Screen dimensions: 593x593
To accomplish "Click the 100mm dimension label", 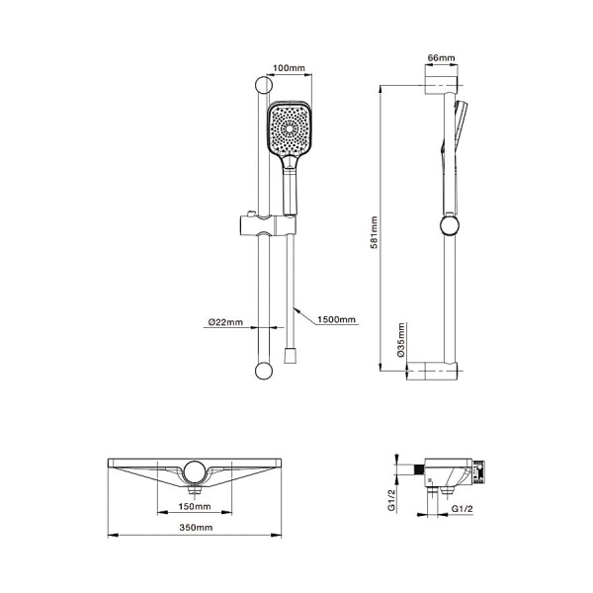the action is click(289, 68).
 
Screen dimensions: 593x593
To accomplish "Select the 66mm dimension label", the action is click(441, 58).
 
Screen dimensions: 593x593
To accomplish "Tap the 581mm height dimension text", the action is click(374, 232).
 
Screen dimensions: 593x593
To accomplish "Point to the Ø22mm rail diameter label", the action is click(225, 322).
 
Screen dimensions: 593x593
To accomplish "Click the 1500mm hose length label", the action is click(337, 319).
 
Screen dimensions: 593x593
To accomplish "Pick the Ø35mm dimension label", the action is click(401, 340).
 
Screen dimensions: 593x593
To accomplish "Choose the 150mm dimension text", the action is click(195, 506).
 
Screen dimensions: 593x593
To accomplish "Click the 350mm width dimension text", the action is click(196, 527).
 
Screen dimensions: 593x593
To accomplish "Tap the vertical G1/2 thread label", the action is click(391, 500).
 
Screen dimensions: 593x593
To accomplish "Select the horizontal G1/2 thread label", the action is click(463, 509).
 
